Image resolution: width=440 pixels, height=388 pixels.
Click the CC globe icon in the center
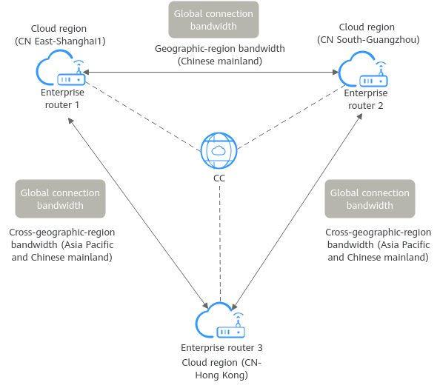point(219,150)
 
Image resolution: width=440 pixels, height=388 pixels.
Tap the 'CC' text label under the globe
point(219,178)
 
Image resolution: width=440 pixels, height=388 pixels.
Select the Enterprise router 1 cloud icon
point(60,67)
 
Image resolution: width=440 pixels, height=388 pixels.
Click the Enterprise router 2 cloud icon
point(363,69)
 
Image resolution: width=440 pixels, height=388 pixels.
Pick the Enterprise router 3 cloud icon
point(220,320)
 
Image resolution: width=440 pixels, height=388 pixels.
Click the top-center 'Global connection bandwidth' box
point(213,20)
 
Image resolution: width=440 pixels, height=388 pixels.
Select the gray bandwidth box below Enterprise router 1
point(60,199)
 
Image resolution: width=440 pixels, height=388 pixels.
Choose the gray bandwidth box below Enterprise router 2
point(370,199)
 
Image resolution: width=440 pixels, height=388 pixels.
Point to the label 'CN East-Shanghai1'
point(60,41)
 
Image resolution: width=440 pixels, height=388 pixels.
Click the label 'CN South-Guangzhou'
point(368,40)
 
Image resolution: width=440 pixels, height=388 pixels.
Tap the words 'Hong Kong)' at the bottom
point(221,375)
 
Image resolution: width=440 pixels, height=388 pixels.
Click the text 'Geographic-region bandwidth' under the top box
point(220,49)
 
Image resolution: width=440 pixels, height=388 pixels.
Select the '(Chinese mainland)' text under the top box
point(220,61)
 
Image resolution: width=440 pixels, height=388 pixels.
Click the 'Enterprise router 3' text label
point(221,348)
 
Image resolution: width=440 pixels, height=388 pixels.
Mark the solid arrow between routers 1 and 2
point(211,72)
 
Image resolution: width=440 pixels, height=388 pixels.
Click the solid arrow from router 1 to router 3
point(138,213)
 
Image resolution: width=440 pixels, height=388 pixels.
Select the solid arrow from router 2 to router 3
point(297,212)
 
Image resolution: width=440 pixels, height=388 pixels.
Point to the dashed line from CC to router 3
point(220,244)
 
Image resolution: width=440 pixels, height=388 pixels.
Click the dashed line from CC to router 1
point(143,117)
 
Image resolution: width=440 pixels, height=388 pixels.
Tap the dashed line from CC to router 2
point(292,117)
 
